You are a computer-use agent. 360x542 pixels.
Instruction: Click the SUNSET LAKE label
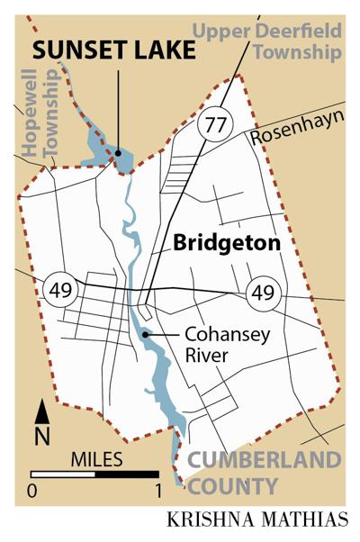(x=115, y=50)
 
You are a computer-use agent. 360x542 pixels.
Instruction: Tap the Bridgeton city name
(x=227, y=243)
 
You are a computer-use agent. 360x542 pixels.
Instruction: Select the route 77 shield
(x=213, y=122)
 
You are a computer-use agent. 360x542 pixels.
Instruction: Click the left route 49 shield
(x=56, y=290)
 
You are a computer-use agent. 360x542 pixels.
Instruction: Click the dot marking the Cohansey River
(x=144, y=336)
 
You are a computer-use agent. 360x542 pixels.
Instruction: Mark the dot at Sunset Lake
(x=117, y=154)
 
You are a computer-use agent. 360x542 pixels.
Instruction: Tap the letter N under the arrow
(x=42, y=438)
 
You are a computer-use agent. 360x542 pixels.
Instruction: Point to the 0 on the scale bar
(x=32, y=492)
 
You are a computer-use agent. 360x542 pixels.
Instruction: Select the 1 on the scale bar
(x=158, y=492)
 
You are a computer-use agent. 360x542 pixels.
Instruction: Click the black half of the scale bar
(x=127, y=474)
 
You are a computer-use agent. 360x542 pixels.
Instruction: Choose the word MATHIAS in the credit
(x=297, y=521)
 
